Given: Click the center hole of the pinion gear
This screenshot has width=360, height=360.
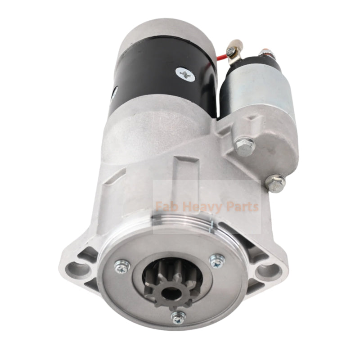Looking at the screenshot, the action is point(168,293).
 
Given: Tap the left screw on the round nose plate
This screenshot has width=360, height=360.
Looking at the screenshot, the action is point(122,267).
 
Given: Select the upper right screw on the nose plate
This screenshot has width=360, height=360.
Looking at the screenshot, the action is point(217,261).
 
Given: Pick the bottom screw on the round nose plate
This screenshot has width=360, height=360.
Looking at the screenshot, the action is point(179,318).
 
